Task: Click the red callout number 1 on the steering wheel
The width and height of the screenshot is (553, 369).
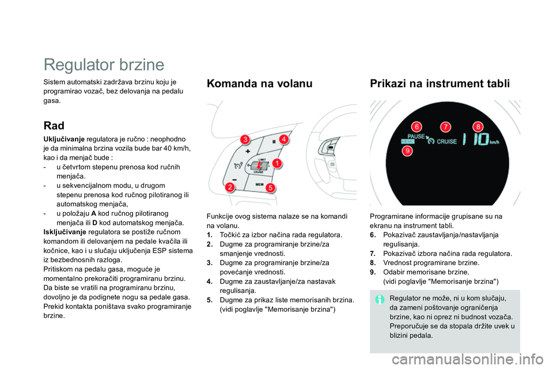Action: click(x=277, y=163)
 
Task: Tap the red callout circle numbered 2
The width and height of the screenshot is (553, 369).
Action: click(x=230, y=187)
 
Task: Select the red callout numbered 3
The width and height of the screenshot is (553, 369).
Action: click(x=245, y=140)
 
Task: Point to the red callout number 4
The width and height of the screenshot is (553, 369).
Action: click(x=283, y=139)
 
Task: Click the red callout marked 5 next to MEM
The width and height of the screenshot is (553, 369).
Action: click(x=269, y=187)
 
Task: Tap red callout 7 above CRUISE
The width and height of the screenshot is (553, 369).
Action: click(x=445, y=126)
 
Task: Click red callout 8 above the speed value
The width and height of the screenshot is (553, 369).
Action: click(x=477, y=126)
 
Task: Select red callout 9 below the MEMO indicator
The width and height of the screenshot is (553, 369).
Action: click(x=407, y=151)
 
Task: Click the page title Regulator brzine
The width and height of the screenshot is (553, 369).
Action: click(x=104, y=64)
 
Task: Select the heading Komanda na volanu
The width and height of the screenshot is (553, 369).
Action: click(x=259, y=84)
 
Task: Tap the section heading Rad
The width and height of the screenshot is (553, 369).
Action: click(x=54, y=125)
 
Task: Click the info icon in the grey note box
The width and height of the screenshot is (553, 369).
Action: click(x=380, y=299)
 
